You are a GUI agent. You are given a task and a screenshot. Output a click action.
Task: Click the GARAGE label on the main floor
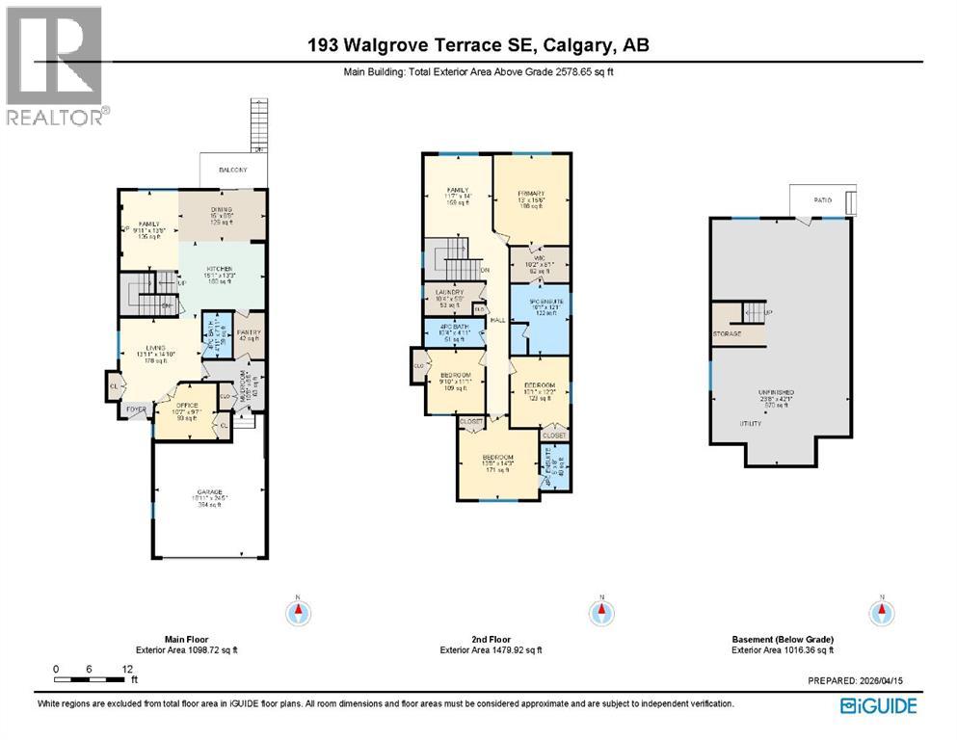pos(209,490)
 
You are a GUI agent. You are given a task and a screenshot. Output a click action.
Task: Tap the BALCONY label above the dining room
pos(232,170)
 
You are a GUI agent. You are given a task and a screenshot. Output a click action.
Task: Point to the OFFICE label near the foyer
pos(185,406)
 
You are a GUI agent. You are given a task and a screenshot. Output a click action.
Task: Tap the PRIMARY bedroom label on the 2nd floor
pos(531,193)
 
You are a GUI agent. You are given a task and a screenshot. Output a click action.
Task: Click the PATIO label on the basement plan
pos(822,200)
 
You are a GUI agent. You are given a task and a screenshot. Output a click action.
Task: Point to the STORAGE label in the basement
pos(728,334)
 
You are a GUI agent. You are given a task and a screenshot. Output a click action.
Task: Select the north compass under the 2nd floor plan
pos(600,611)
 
